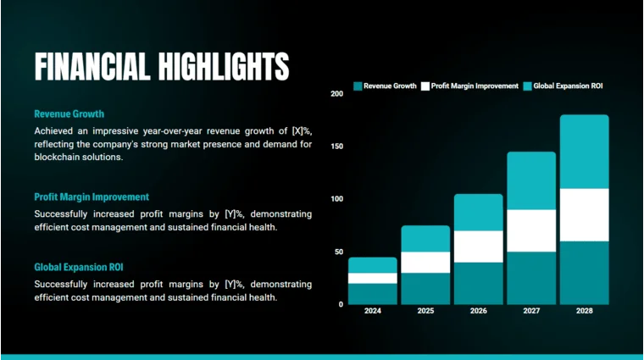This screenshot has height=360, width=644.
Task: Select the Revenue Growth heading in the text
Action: tap(69, 114)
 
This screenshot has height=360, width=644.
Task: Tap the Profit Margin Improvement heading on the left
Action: tap(92, 197)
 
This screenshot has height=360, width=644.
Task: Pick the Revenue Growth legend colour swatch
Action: tap(358, 86)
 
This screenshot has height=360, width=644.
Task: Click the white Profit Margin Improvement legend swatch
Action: tap(425, 86)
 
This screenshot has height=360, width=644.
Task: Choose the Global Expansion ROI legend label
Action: tap(568, 86)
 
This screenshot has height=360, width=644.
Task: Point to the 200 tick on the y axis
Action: tap(336, 94)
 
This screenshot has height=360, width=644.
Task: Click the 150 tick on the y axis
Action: tap(336, 147)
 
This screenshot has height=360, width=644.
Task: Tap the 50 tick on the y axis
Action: tap(339, 252)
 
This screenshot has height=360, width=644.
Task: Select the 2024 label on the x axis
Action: tap(373, 311)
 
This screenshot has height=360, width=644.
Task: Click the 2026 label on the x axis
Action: tap(479, 311)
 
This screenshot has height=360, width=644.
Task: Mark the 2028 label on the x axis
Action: tap(584, 311)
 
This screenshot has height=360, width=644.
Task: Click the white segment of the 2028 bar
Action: tap(584, 214)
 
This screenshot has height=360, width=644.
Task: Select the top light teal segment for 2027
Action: tap(531, 180)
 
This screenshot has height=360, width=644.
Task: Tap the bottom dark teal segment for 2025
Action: tap(425, 288)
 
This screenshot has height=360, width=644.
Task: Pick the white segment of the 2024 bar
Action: tap(373, 278)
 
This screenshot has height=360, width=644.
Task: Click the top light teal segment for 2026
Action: tap(479, 212)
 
